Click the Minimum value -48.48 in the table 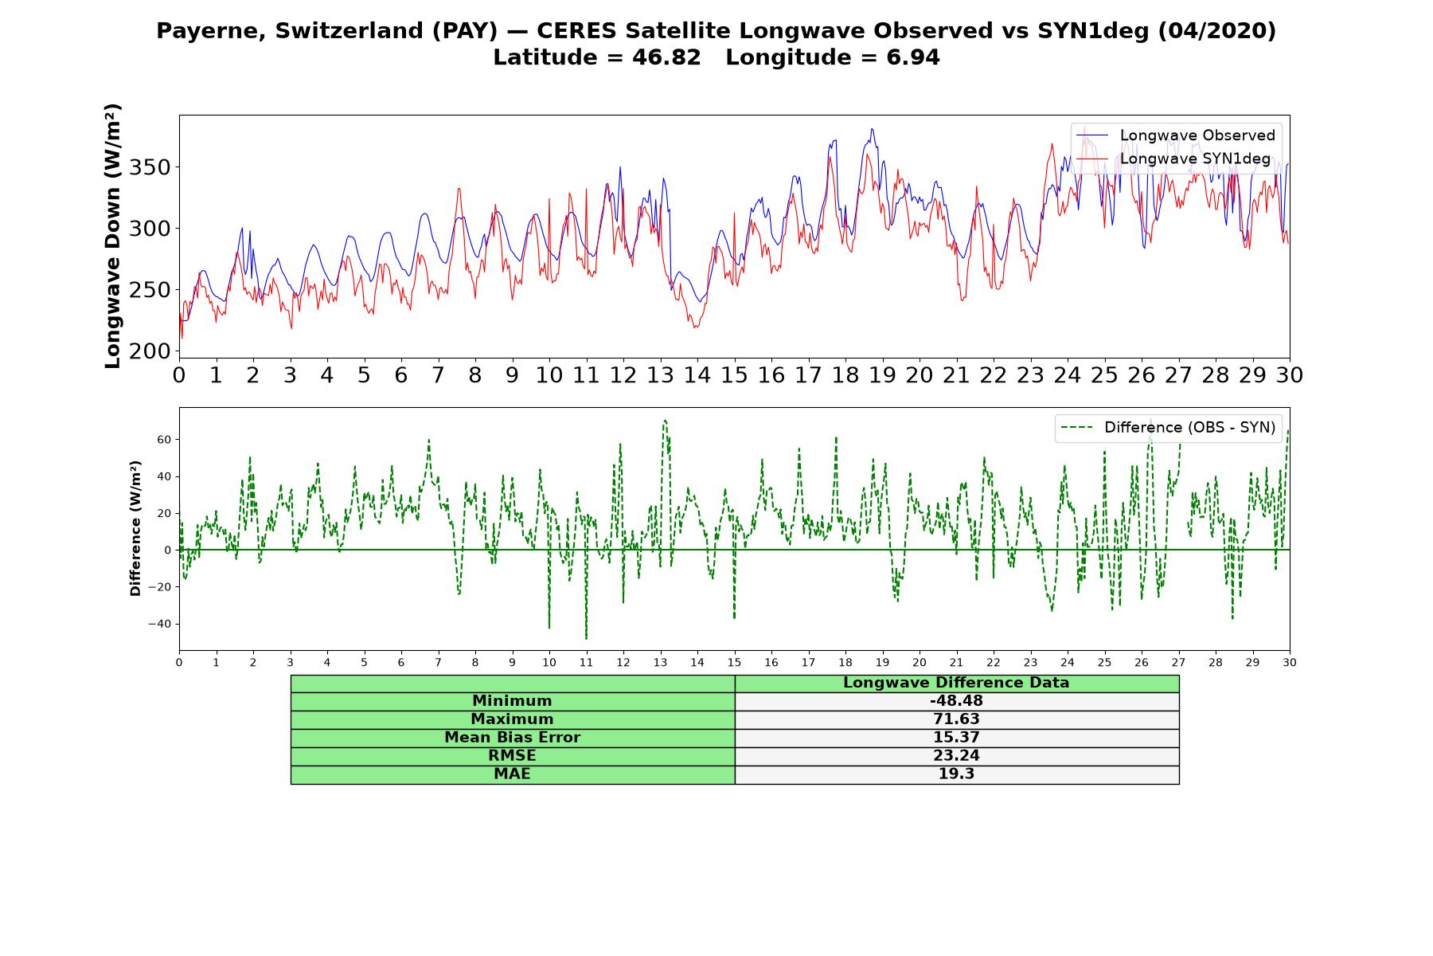pyautogui.click(x=956, y=701)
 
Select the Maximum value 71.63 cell pyautogui.click(x=956, y=719)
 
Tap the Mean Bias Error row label pyautogui.click(x=512, y=738)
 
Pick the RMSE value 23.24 pyautogui.click(x=956, y=756)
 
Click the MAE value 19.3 pyautogui.click(x=956, y=774)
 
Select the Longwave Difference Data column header pyautogui.click(x=956, y=683)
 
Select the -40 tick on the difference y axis pyautogui.click(x=160, y=624)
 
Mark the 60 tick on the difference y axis pyautogui.click(x=165, y=440)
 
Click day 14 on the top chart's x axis pyautogui.click(x=697, y=375)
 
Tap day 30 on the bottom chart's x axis pyautogui.click(x=1290, y=663)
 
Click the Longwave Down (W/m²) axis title pyautogui.click(x=113, y=236)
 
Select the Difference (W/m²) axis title pyautogui.click(x=135, y=528)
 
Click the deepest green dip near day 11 pyautogui.click(x=587, y=638)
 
